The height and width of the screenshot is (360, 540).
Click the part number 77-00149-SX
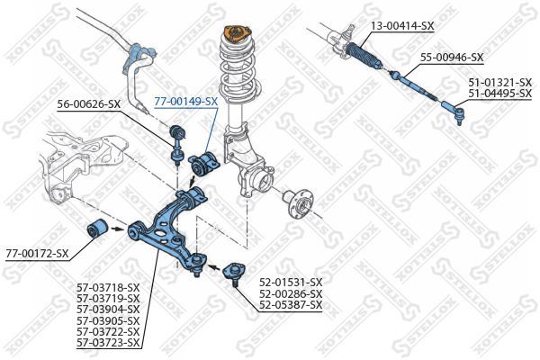[x=185, y=102]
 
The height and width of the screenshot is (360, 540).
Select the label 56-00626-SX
[x=88, y=104]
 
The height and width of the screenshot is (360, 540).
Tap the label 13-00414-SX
[x=402, y=27]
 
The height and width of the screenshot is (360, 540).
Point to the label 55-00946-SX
[x=452, y=58]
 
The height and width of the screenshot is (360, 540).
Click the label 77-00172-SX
[x=37, y=253]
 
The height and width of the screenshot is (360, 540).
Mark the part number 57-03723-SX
[x=109, y=343]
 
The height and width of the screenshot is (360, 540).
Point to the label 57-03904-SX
[x=109, y=309]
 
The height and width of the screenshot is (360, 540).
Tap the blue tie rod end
[x=454, y=112]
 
